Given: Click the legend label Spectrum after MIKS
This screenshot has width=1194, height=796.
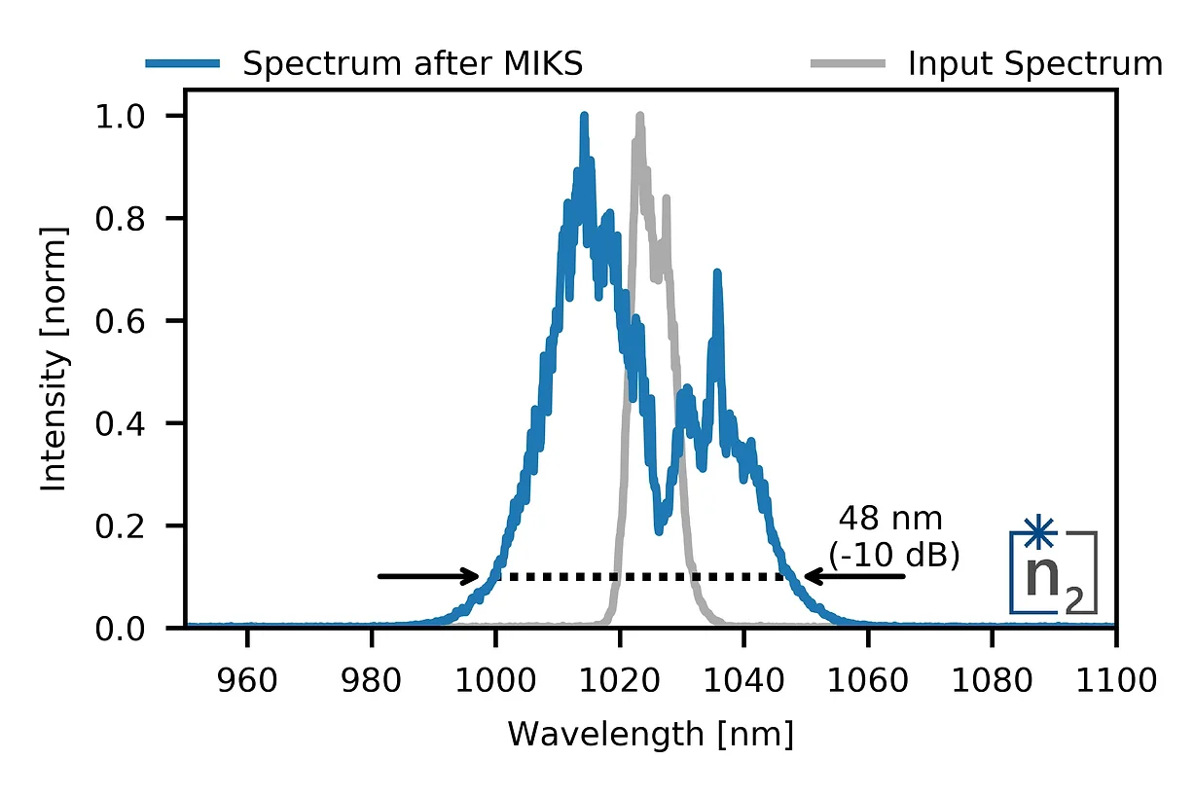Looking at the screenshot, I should pos(412,64).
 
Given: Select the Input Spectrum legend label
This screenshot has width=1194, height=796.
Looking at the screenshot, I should pos(1034,64).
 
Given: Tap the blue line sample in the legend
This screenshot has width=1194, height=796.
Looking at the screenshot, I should pos(182,64).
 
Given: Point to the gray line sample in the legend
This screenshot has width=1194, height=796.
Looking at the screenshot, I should pos(848,64).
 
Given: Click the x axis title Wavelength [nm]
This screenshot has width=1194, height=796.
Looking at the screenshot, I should pos(650,734).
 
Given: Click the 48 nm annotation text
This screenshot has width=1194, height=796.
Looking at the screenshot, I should pos(890,518).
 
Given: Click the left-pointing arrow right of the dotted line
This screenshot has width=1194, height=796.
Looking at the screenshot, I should pos(853,576).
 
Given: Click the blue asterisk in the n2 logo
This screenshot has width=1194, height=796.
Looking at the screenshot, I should pos(1039,532).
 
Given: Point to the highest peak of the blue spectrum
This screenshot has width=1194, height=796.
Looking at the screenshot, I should pos(584,117).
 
